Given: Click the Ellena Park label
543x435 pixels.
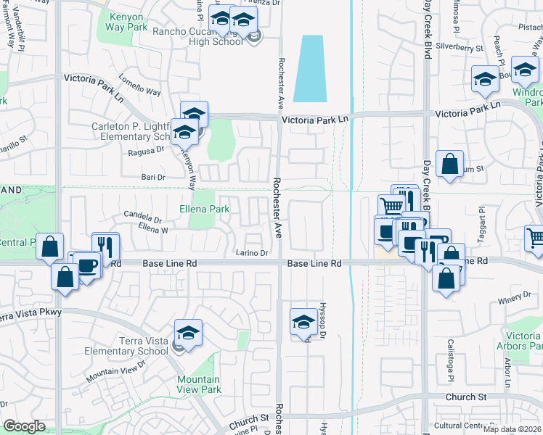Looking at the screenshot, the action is click(205, 210).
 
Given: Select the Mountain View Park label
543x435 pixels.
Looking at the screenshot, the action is click(198, 384).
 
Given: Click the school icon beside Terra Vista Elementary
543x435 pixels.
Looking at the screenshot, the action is click(188, 333).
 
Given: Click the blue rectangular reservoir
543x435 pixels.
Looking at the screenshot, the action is click(309, 69).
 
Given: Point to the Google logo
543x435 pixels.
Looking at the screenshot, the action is click(24, 426).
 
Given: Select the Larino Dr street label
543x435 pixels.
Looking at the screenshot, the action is click(252, 253).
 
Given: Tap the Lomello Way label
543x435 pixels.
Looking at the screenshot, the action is click(139, 86).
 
